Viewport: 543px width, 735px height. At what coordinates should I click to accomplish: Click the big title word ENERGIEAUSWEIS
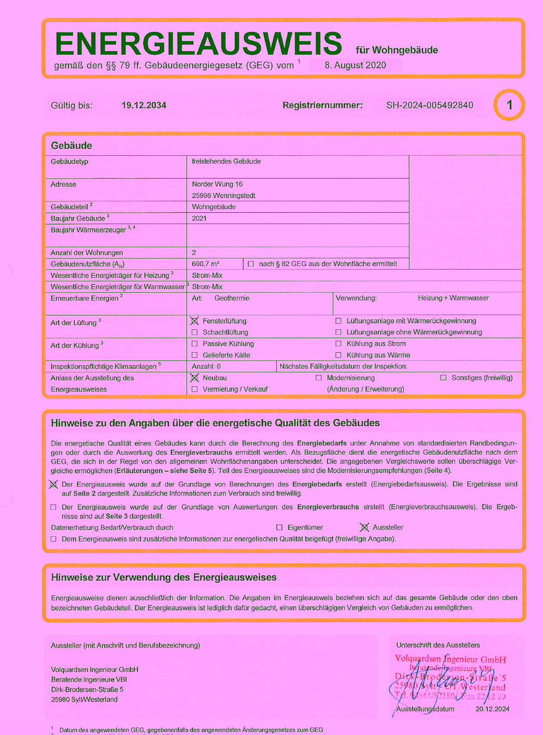point(198,43)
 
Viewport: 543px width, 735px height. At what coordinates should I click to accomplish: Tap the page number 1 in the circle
point(509,105)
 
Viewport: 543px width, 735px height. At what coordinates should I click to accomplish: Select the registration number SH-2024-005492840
point(430,105)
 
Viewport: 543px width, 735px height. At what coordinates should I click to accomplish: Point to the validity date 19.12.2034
point(144,105)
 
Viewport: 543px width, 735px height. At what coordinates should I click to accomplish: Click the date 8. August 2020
point(355,65)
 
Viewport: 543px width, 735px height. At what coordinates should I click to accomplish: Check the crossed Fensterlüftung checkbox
point(195,321)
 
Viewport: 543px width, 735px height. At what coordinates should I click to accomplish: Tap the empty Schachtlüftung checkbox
point(195,332)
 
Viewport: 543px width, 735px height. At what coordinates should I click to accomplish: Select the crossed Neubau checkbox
point(195,378)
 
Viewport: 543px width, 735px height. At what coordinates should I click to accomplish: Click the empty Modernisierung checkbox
point(319,378)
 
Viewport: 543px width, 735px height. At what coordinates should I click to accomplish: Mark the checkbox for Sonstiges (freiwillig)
point(443,378)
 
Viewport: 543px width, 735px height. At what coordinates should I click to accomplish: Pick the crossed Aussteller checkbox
point(364,528)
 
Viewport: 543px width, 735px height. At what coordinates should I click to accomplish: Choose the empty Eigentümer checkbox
point(279,528)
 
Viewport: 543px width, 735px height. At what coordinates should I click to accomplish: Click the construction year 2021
point(199,218)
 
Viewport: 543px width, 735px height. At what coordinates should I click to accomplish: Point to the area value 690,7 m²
point(206,264)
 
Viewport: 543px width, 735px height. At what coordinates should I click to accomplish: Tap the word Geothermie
point(232,298)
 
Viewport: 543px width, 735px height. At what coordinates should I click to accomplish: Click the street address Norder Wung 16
point(217,184)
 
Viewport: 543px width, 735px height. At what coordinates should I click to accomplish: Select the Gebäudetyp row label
point(70,161)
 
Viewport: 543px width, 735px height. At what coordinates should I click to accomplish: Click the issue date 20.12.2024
point(492,709)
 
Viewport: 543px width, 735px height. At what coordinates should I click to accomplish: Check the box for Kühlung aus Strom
point(338,344)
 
